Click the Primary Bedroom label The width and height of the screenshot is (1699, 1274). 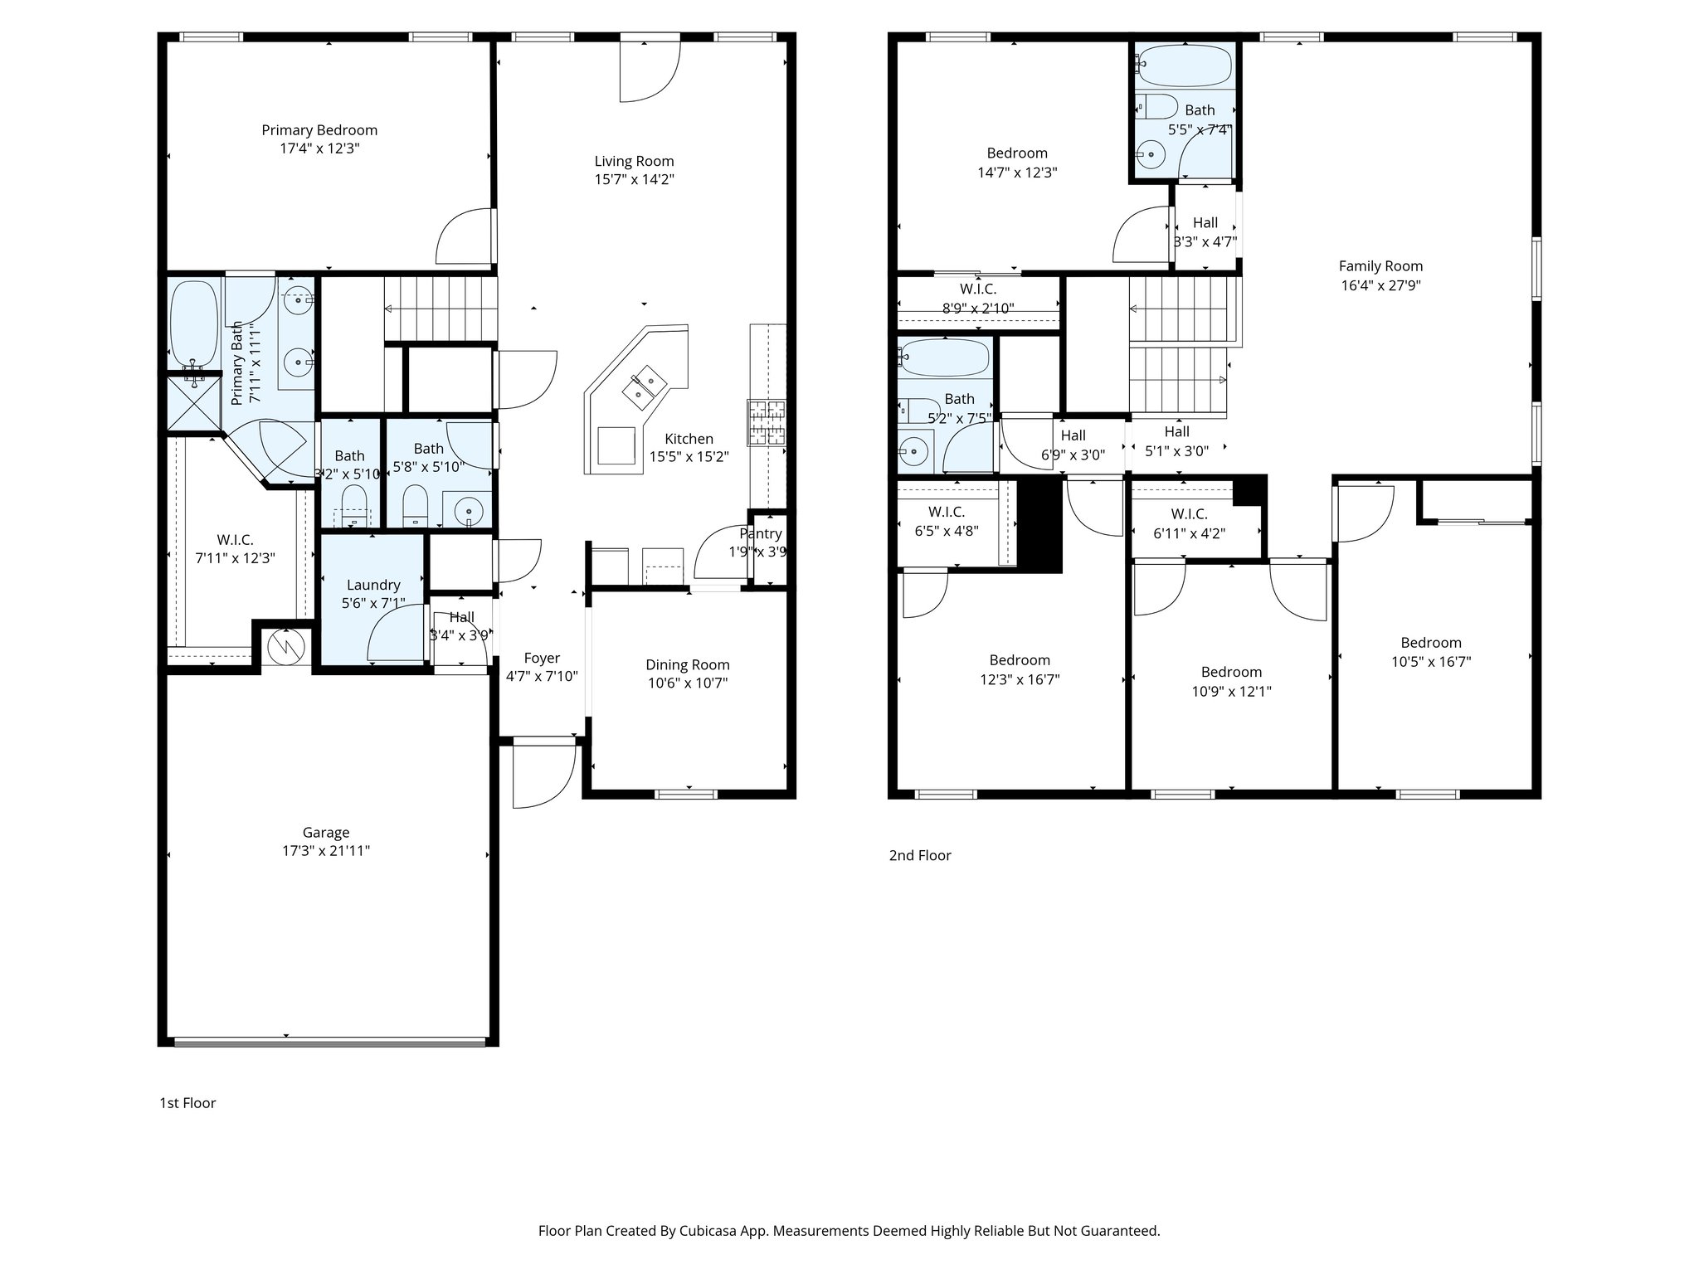319,130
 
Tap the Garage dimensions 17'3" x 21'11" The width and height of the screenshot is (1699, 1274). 326,850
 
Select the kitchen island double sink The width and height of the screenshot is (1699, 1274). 645,387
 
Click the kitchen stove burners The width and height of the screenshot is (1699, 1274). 767,423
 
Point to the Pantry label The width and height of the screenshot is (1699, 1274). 761,533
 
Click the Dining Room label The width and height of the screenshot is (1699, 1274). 688,664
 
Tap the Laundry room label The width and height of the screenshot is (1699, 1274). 373,585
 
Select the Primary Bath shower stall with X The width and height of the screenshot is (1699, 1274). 194,403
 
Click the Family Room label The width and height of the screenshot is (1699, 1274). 1380,266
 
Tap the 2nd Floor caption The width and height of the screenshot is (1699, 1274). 920,855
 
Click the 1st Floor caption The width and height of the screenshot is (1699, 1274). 187,1103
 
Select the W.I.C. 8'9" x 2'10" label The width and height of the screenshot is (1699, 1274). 978,289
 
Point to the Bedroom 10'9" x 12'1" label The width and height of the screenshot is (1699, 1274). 1231,672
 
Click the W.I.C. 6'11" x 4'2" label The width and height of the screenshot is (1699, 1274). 1189,514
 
